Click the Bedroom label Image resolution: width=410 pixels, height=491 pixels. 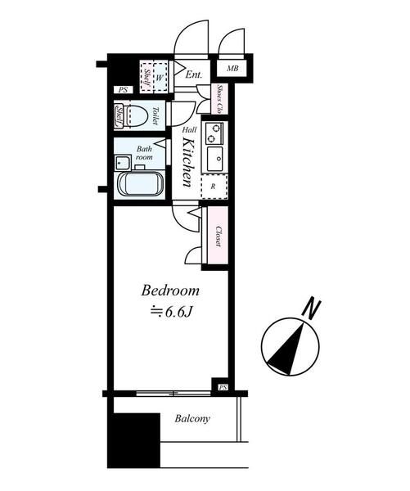coord(170,291)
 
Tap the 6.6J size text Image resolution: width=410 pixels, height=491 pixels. coord(171,313)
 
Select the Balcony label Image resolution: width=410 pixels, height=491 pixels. coord(192,419)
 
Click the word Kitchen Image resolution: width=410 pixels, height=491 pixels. coord(187,162)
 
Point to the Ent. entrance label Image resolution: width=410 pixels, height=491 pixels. coord(194,74)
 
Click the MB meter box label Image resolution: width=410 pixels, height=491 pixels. coord(232,68)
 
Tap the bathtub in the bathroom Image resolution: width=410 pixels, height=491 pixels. coord(140,184)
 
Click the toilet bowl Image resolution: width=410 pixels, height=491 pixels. coord(137,115)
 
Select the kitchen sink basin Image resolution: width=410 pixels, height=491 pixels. coord(215,159)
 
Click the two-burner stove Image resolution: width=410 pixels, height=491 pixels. coord(214,133)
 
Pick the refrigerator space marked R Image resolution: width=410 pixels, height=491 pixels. coord(214,187)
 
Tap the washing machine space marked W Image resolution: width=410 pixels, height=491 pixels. coord(160,77)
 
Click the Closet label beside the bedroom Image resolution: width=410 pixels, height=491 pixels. coord(219,236)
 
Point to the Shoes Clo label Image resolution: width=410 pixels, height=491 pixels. coord(219,99)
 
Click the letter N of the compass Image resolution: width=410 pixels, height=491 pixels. coord(311,309)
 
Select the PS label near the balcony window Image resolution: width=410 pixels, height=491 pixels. coord(223,388)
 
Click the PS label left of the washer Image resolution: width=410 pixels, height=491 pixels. coord(123,90)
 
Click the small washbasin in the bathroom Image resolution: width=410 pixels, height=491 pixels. coord(123,163)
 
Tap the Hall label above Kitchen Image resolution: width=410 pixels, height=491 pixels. coord(190,129)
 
